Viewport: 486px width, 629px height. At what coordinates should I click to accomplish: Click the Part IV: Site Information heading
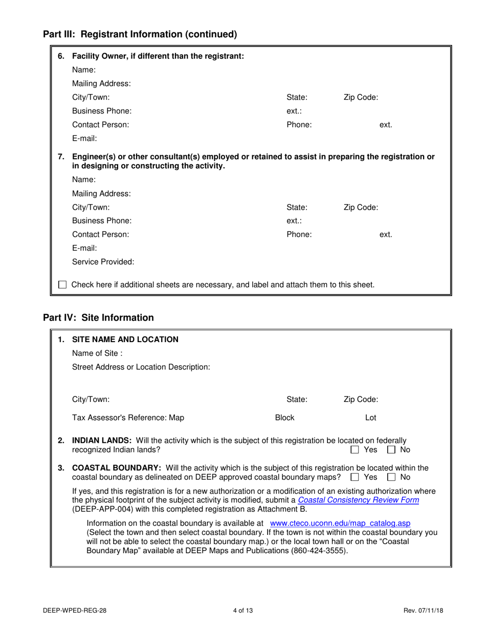pos(98,318)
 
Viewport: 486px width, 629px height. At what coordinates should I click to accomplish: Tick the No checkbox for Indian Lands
pos(392,450)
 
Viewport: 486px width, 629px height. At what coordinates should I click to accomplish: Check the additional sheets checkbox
pos(62,284)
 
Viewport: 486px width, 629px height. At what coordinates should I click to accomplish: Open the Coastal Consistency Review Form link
pos(359,500)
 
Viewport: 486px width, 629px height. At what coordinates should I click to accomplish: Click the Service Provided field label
pos(103,262)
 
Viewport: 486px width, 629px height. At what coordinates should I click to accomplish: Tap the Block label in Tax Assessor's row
pos(284,418)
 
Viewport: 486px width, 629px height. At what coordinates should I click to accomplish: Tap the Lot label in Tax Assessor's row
pos(370,418)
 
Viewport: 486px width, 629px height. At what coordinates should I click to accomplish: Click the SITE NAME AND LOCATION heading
pos(125,340)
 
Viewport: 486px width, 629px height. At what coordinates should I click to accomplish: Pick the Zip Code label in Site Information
pos(361,399)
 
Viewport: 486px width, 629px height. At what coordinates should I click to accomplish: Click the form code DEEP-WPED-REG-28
pos(75,610)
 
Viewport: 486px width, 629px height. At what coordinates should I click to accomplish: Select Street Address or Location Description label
pos(141,367)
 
